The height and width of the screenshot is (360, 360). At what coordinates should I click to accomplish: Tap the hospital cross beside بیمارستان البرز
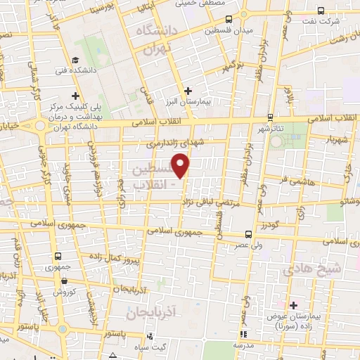pyautogui.click(x=188, y=90)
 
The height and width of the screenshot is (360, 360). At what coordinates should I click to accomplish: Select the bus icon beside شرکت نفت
pyautogui.click(x=321, y=10)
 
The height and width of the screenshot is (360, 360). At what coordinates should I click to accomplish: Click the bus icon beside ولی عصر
pyautogui.click(x=248, y=235)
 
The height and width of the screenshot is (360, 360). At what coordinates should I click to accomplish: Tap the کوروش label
pyautogui.click(x=64, y=291)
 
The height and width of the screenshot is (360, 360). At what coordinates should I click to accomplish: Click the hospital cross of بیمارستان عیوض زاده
pyautogui.click(x=293, y=304)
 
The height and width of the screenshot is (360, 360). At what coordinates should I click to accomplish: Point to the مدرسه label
pyautogui.click(x=243, y=345)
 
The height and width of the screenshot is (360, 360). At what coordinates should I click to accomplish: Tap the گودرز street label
pyautogui.click(x=271, y=226)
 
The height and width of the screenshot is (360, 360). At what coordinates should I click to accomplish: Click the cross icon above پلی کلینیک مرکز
pyautogui.click(x=76, y=96)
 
